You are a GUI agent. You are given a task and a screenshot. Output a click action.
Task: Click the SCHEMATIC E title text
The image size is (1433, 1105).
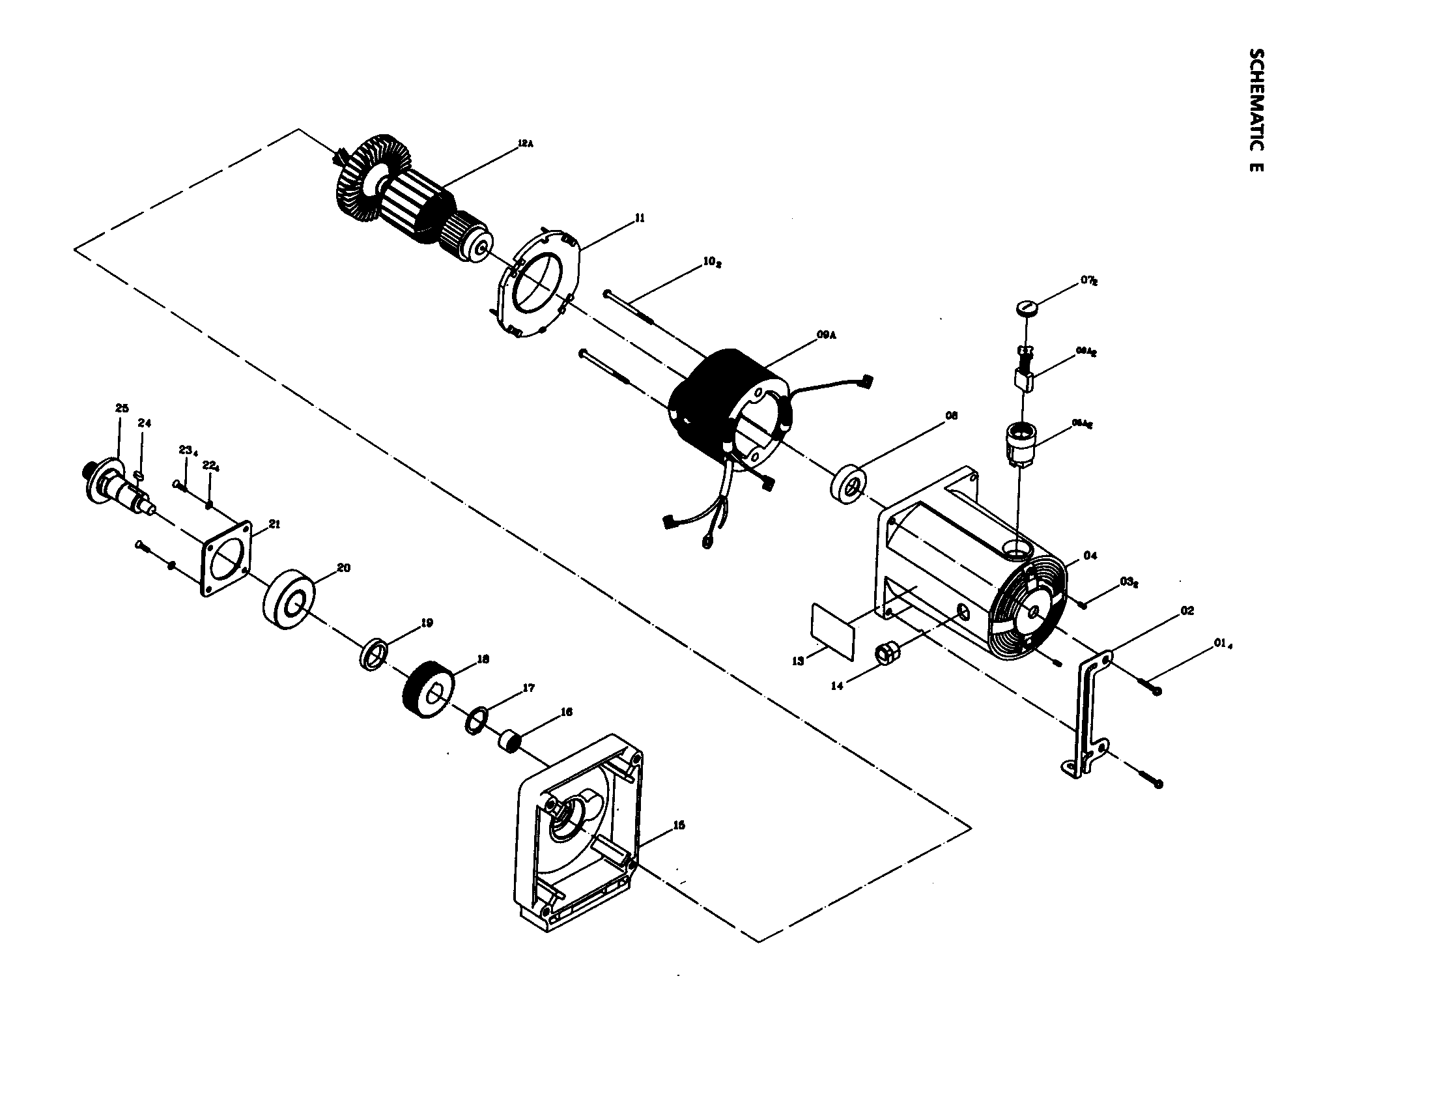1255,109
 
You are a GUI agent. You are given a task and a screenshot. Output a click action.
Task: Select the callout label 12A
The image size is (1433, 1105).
526,143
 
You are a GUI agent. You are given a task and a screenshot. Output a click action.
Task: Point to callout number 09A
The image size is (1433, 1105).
826,335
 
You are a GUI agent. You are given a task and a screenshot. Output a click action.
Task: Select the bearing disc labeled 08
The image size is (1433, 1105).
851,485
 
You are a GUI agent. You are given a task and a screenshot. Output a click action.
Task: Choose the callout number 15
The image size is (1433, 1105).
679,825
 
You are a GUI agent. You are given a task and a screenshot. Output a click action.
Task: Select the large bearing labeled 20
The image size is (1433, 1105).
289,601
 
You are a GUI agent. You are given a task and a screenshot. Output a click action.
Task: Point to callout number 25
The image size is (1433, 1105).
122,408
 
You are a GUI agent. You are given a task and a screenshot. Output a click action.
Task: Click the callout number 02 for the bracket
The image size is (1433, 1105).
1187,610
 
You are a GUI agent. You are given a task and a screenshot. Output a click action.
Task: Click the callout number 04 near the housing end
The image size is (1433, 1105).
1090,556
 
